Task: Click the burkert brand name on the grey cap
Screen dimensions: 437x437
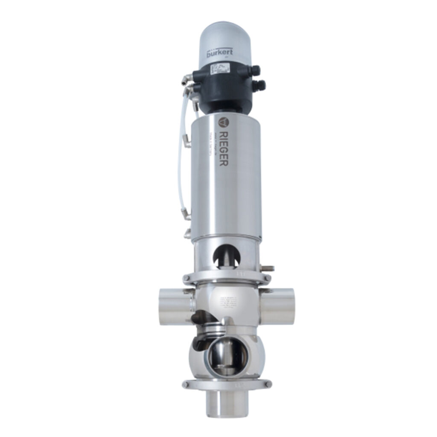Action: click(219, 54)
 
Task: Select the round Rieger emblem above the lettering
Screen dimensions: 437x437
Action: click(222, 122)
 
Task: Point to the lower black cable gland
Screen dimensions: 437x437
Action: click(258, 85)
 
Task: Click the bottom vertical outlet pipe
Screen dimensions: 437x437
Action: click(226, 403)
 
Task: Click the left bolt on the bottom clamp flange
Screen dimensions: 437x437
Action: click(186, 384)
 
